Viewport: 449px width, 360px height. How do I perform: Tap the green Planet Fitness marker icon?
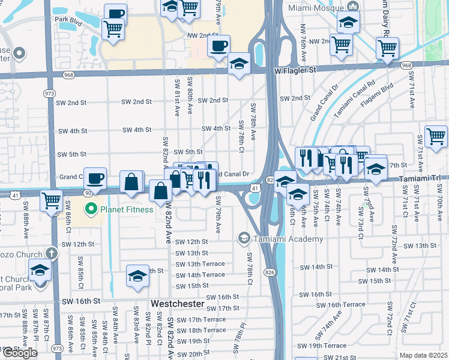pos(91,209)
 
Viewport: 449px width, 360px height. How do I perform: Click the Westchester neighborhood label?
pos(178,304)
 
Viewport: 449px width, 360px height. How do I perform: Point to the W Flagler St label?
pos(295,70)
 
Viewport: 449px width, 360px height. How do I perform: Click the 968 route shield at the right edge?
pos(407,65)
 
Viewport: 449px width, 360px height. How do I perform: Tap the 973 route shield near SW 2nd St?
pos(50,94)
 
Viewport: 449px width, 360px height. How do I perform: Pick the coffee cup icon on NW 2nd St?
pos(219,46)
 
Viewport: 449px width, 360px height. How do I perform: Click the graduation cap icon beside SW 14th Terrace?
pos(137,277)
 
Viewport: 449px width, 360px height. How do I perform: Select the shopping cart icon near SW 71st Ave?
pos(436,137)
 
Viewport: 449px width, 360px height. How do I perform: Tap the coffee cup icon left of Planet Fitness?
pos(95,178)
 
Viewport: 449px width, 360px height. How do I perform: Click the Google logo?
pos(19,353)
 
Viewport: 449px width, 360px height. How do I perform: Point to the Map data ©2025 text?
pos(423,355)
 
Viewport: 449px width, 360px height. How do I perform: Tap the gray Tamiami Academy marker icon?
pos(244,239)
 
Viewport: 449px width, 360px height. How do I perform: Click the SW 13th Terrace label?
pos(200,264)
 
